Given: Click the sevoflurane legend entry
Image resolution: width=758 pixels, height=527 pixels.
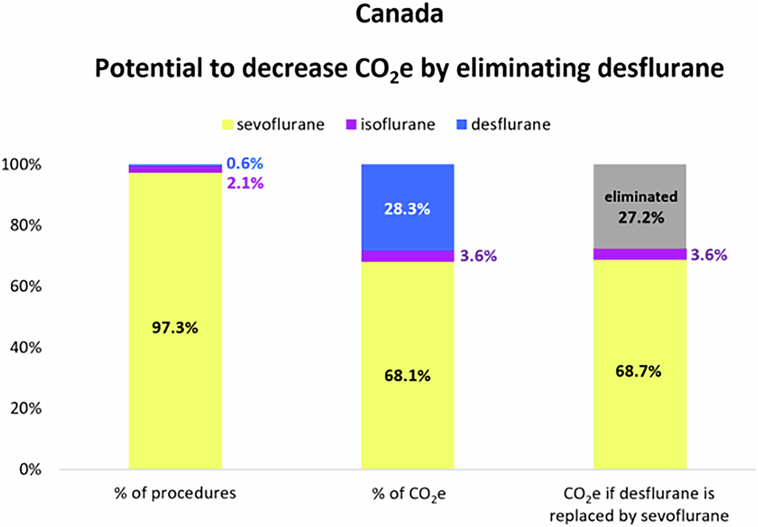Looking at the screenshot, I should point(274,124).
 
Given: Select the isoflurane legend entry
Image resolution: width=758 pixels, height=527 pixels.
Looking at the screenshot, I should point(391,124).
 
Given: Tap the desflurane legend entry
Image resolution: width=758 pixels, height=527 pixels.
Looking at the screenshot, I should point(503,124).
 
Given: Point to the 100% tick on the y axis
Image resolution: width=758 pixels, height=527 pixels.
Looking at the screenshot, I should point(22,165).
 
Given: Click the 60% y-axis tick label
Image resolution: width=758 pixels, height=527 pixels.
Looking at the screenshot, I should point(26,287).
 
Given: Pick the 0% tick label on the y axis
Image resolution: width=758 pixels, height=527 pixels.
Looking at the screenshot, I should point(30,469).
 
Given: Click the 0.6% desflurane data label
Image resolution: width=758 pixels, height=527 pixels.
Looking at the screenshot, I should point(245,163).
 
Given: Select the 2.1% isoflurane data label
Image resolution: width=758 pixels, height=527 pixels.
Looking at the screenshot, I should point(245,183).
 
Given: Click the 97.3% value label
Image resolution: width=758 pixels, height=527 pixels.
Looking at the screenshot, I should point(175,328).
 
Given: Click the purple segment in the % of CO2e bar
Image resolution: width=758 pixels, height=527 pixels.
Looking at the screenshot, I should point(407,256).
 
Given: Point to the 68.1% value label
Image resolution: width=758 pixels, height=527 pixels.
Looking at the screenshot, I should point(407,375).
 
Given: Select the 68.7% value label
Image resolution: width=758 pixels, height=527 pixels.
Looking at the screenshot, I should point(638,371).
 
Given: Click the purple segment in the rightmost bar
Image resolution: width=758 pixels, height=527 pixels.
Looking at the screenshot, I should point(640,254).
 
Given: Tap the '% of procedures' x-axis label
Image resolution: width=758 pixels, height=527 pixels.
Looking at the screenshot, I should point(175,493).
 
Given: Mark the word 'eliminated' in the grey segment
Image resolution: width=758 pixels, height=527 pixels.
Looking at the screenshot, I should point(641,197).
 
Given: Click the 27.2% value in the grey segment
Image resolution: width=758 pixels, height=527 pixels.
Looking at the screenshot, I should point(641,218).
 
